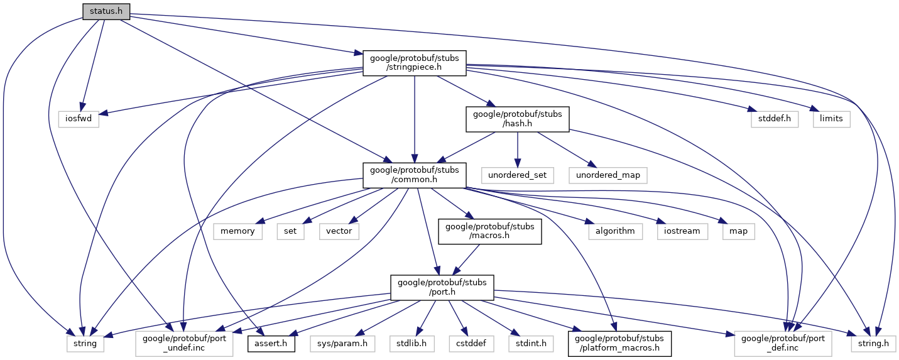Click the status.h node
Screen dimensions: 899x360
[106, 11]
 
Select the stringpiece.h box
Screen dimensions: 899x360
[415, 63]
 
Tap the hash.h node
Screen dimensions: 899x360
[517, 119]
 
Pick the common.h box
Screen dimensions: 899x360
[415, 175]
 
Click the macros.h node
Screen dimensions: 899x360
[489, 232]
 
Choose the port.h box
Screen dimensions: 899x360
[442, 288]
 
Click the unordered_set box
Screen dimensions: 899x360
[517, 175]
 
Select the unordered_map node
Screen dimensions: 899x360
[608, 175]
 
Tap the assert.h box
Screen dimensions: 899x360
[271, 344]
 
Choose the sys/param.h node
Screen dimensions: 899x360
[342, 344]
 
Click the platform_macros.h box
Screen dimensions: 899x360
[619, 344]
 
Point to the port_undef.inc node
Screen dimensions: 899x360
[184, 344]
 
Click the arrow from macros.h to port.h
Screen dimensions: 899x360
[466, 259]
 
